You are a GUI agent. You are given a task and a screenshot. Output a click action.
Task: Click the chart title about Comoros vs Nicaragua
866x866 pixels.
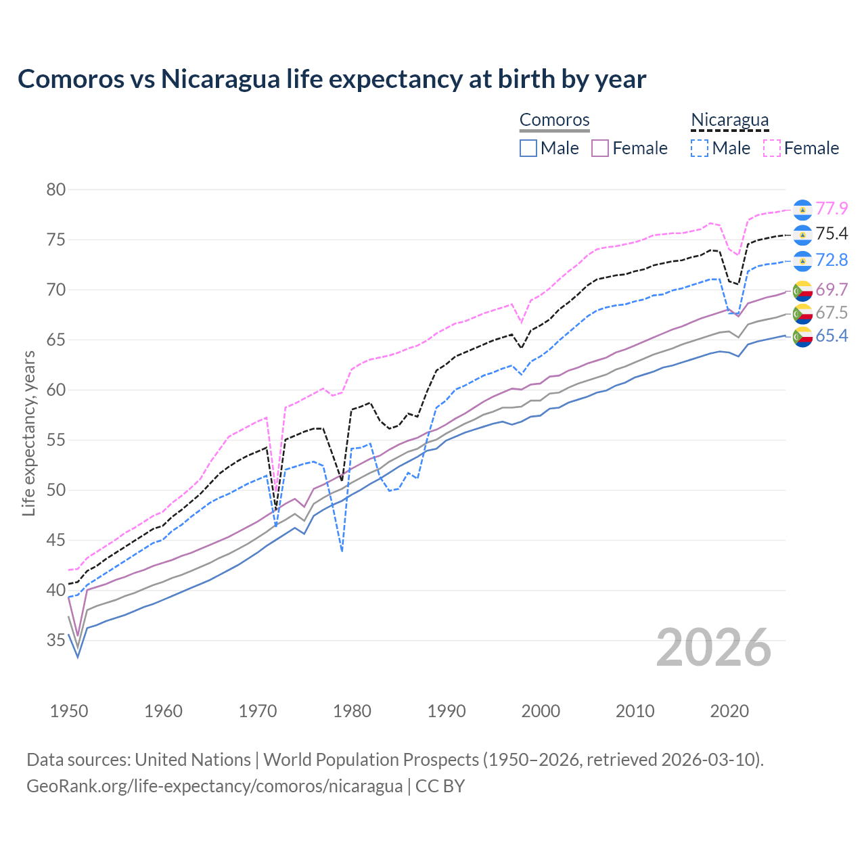point(332,79)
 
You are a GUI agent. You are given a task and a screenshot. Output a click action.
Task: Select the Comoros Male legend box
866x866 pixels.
point(528,148)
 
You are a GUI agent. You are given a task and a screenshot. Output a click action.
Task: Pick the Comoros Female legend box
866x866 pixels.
point(600,148)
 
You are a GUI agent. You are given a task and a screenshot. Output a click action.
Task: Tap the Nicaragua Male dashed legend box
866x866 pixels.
point(700,148)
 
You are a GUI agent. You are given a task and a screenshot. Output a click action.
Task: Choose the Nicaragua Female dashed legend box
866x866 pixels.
point(772,148)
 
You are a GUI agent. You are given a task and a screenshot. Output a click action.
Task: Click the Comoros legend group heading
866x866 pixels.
point(555,120)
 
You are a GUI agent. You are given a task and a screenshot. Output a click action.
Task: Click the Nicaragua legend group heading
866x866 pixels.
point(729,120)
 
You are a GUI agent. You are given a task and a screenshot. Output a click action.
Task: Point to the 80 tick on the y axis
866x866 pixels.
point(56,189)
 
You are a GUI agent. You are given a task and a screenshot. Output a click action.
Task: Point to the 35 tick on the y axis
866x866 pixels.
point(56,640)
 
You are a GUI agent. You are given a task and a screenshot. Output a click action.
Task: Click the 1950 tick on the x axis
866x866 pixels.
point(69,711)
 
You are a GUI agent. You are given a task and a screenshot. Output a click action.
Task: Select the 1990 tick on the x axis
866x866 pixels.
point(447,711)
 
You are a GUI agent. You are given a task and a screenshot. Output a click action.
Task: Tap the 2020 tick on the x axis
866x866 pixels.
point(729,711)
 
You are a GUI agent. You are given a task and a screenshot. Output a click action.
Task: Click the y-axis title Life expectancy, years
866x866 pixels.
point(28,433)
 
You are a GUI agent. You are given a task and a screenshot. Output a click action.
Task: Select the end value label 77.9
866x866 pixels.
point(831,209)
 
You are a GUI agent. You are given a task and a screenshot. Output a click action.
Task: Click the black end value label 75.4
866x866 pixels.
point(831,234)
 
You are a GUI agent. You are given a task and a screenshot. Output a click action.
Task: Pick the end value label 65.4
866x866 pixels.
point(831,336)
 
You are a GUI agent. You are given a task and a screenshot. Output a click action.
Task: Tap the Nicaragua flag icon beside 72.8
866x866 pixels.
point(802,260)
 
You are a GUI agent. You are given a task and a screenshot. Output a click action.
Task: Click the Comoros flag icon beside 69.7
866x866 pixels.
point(802,291)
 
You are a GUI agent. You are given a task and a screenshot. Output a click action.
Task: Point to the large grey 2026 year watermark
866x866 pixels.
point(714,647)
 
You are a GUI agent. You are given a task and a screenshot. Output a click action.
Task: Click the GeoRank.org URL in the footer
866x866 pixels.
point(214,786)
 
